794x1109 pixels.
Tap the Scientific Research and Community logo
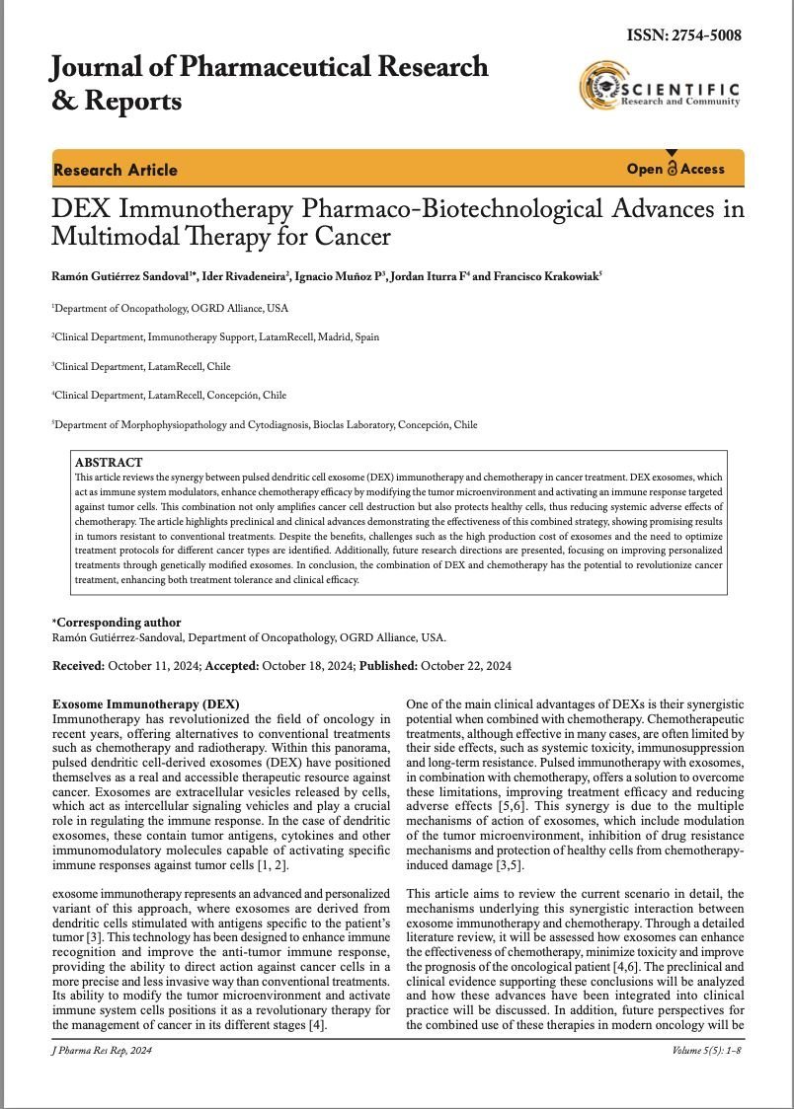pos(660,87)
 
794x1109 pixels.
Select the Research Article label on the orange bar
pos(116,170)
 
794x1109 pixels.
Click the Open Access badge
pos(675,169)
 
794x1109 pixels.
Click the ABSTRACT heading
pos(109,462)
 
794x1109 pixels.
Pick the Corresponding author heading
pos(119,623)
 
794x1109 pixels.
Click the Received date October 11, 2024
pos(153,666)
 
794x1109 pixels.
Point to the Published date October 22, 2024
pos(466,666)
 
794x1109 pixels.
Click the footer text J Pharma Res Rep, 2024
pos(102,1051)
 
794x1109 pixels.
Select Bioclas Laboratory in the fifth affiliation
pos(353,425)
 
